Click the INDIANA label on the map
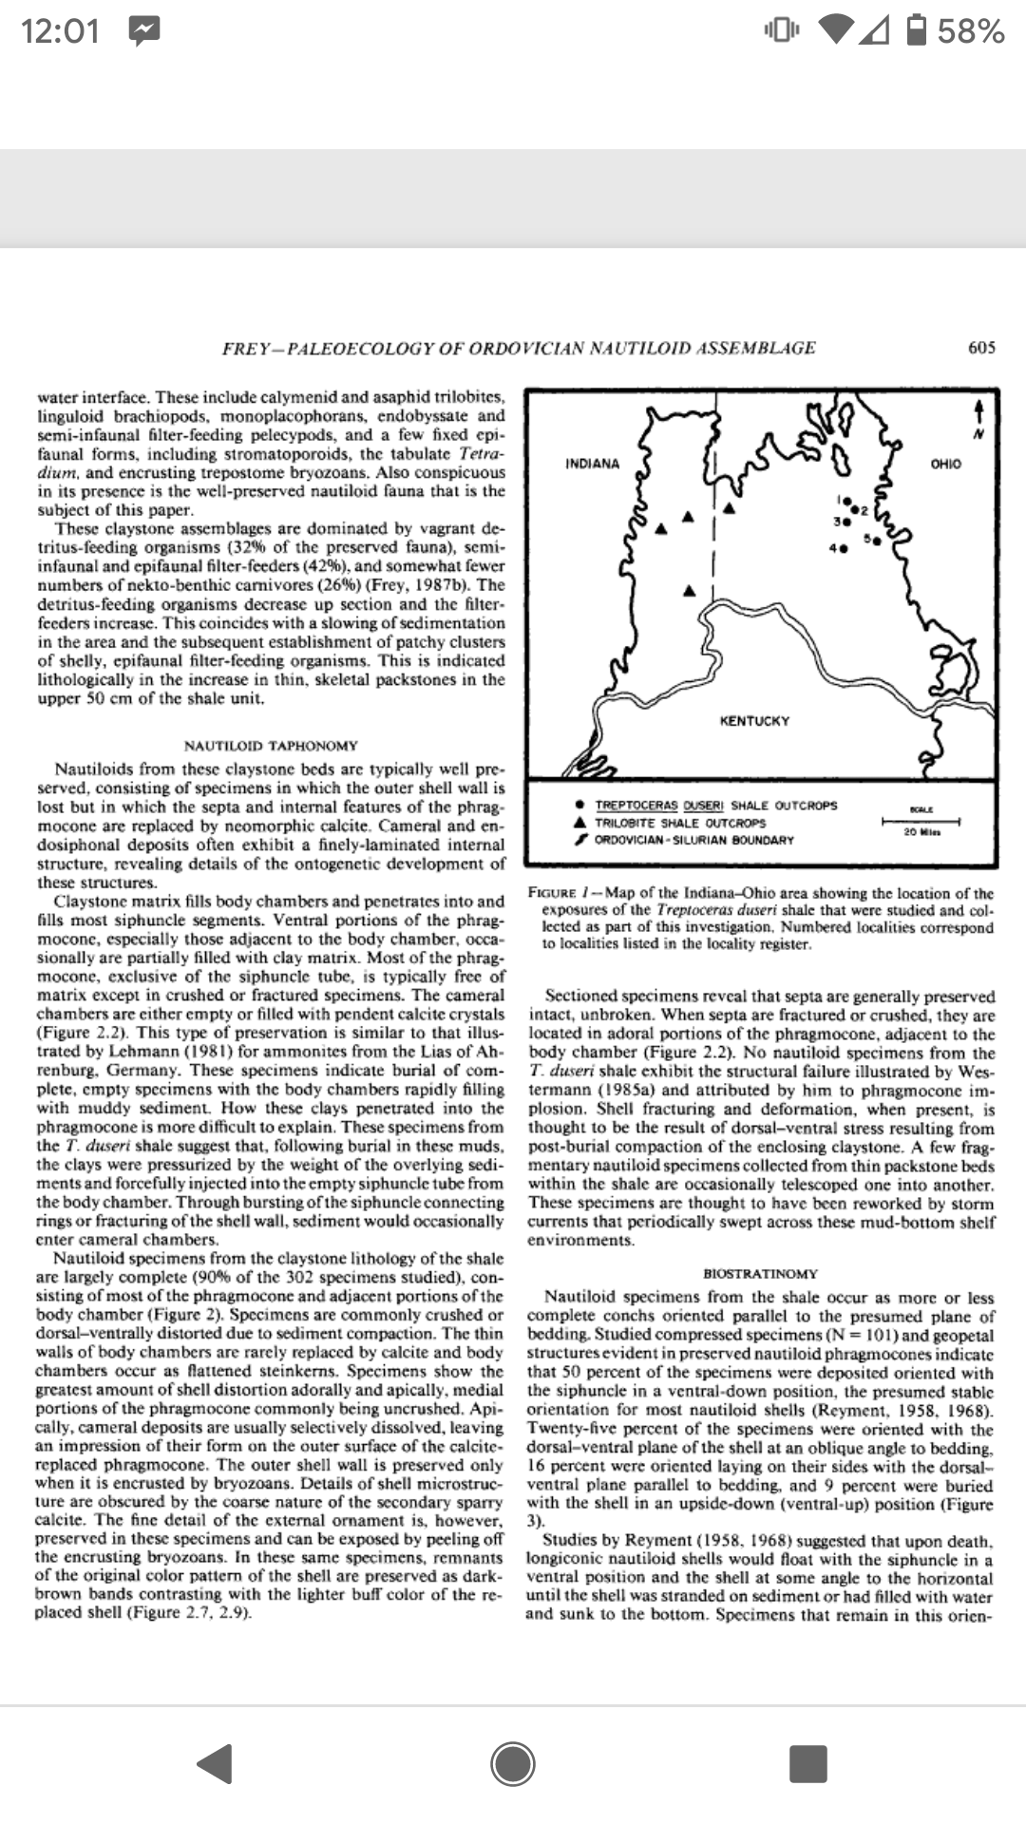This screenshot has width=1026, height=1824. [x=592, y=464]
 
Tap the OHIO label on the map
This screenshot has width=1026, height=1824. [x=945, y=464]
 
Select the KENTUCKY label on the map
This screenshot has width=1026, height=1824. [x=754, y=721]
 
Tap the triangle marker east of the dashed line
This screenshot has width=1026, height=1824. [x=729, y=508]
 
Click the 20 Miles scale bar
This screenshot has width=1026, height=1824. [x=921, y=821]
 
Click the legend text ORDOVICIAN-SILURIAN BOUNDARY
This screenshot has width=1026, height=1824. [x=693, y=840]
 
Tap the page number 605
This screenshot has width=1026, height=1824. [x=981, y=348]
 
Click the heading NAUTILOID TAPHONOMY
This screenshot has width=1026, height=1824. [x=271, y=746]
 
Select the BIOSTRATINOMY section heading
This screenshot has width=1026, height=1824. [x=760, y=1273]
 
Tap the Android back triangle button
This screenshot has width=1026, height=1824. [x=217, y=1763]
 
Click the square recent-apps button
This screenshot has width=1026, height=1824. [x=807, y=1763]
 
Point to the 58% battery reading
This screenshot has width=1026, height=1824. [x=970, y=31]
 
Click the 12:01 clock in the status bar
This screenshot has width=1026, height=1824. [x=60, y=31]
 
